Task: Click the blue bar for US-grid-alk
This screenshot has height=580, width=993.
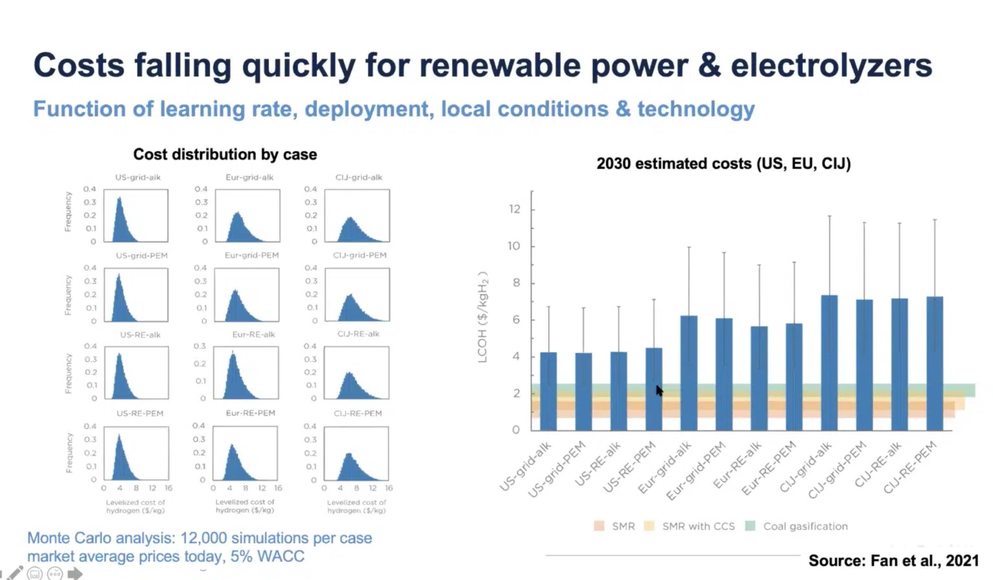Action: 548,391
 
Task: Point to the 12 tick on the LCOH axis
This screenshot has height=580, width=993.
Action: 515,209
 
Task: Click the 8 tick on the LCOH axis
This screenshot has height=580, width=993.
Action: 516,283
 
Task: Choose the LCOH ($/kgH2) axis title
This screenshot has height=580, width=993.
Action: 482,317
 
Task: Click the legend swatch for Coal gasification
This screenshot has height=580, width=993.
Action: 751,526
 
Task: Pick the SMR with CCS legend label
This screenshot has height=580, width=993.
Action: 698,526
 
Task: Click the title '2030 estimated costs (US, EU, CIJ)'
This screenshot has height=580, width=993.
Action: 723,164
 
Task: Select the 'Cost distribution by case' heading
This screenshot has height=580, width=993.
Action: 225,155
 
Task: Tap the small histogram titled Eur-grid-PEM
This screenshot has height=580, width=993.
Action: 246,295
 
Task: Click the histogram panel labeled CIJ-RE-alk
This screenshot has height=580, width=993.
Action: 356,373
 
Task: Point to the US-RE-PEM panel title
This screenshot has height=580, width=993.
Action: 140,413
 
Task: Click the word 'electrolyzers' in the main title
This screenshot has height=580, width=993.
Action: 831,66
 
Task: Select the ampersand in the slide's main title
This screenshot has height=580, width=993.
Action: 709,66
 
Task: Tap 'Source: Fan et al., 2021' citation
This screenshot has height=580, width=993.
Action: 893,561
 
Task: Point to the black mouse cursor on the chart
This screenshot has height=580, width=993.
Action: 659,391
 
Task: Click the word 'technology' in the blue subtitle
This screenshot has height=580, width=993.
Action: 696,109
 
